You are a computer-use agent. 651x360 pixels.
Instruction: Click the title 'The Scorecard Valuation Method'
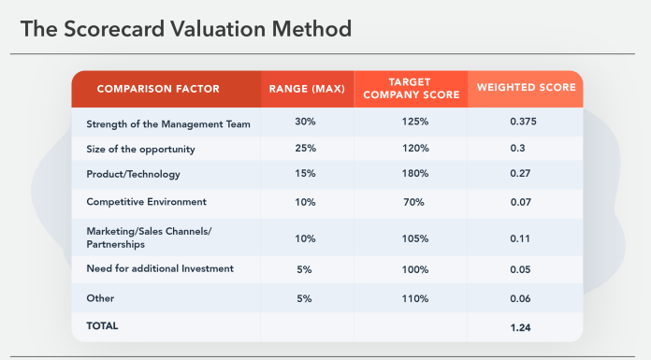coord(186,29)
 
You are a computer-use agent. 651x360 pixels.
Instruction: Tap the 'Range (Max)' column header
coord(307,89)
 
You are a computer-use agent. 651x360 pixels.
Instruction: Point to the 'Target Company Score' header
coord(411,89)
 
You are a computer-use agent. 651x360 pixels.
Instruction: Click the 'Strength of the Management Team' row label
coord(168,123)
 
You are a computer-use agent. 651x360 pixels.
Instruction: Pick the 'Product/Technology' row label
coord(133,174)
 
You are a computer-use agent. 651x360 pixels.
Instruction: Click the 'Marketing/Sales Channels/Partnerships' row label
coord(148,238)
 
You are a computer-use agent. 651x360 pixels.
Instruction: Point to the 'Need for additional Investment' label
coord(160,269)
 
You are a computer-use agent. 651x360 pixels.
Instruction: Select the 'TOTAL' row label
coord(103,325)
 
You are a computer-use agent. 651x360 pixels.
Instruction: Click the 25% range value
coord(305,149)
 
